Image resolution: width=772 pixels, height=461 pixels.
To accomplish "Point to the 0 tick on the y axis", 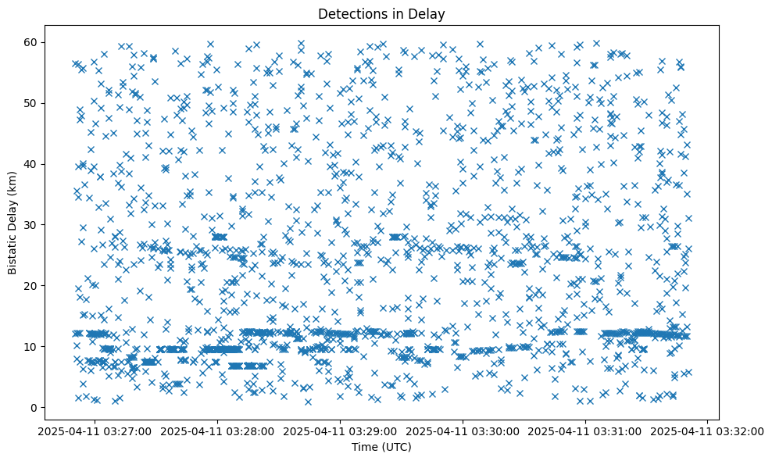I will (x=34, y=408).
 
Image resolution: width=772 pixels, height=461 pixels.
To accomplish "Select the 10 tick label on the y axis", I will (x=31, y=347).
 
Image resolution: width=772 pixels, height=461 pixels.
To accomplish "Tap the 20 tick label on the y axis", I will (x=31, y=286).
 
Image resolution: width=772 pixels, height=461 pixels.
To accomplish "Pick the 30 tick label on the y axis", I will (x=31, y=225).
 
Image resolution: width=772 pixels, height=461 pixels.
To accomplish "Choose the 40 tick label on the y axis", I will (x=31, y=164).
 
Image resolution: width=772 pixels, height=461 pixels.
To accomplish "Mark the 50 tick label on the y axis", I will (x=31, y=103).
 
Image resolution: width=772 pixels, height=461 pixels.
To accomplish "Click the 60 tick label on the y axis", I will (x=31, y=42).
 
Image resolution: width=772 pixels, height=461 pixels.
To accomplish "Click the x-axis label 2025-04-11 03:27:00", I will (x=95, y=431).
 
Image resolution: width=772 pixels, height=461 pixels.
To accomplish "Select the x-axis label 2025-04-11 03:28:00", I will (x=218, y=431).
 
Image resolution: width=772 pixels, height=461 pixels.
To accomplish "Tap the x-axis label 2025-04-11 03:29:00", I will (x=341, y=431).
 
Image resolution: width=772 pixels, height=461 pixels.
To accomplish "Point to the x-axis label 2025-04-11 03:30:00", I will (x=463, y=431).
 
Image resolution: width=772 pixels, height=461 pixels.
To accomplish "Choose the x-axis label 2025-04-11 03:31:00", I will (x=586, y=431).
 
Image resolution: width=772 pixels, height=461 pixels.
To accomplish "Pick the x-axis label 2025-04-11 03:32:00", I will (x=708, y=431).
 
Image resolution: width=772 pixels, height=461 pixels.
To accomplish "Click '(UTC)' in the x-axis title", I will (x=397, y=447).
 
